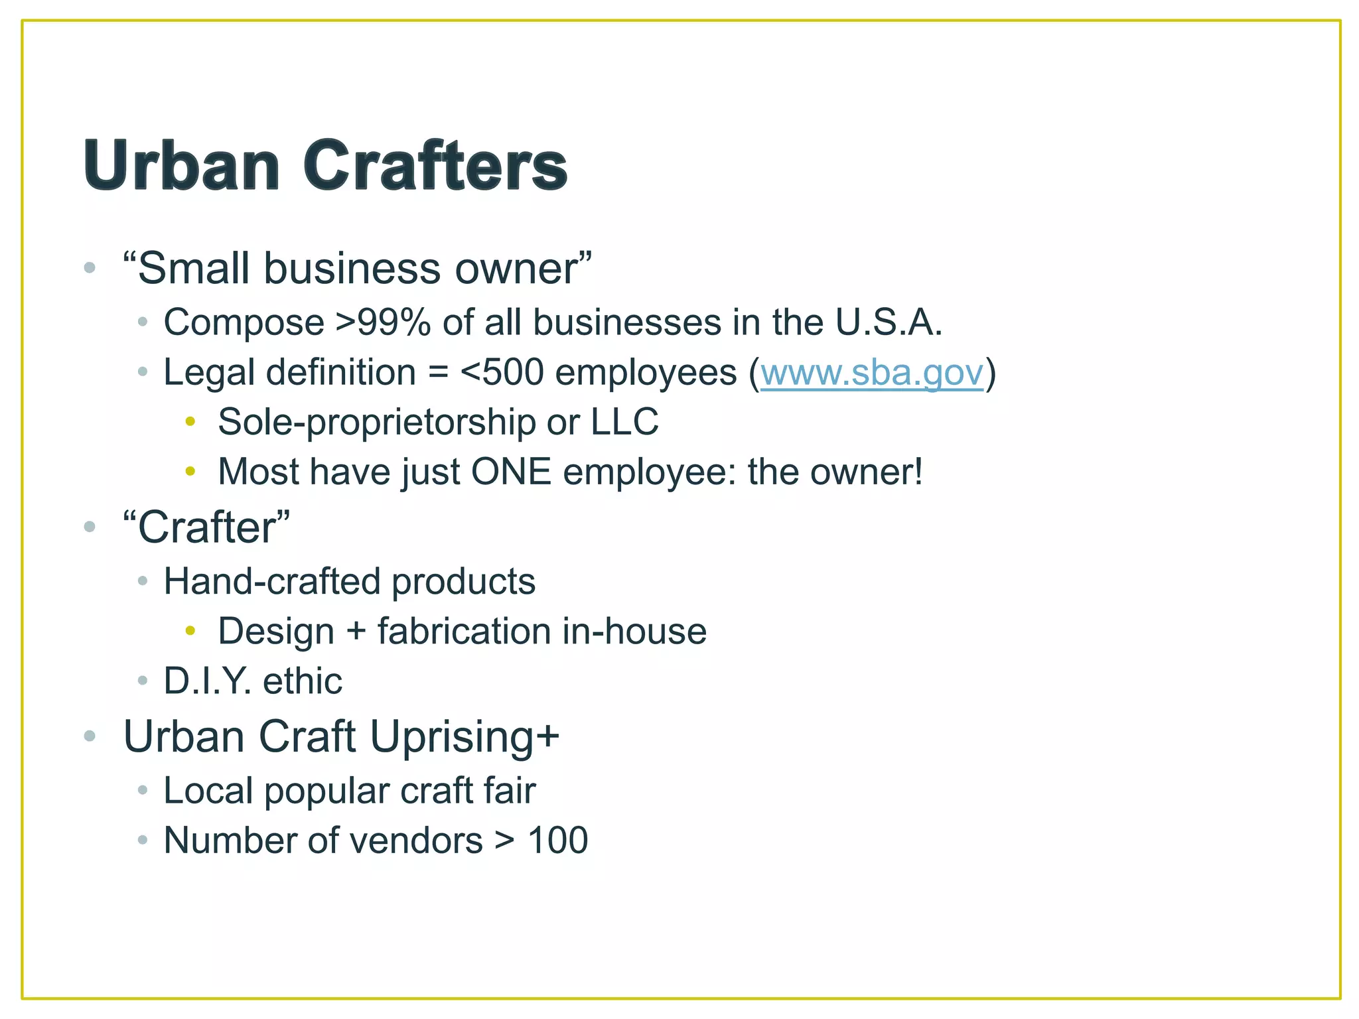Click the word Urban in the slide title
pos(181,165)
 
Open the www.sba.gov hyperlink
pos(871,372)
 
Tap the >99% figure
pos(383,322)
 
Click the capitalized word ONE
pos(511,472)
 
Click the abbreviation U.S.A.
pos(889,322)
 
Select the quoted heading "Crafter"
pos(207,527)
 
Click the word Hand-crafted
pos(272,581)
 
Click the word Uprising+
pos(465,736)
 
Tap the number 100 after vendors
pos(557,841)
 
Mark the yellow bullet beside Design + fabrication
pos(190,630)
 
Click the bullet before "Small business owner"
pos(90,268)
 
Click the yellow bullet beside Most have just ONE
pos(190,471)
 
